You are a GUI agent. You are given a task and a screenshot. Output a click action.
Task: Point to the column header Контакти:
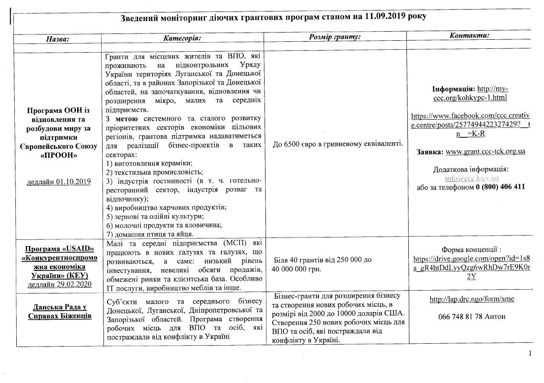tap(469, 36)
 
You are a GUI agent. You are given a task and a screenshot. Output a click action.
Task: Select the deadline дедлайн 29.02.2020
tap(59, 284)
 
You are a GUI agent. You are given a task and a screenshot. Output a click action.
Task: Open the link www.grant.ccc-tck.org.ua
tap(485, 151)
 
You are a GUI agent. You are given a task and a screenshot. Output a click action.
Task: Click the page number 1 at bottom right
tap(530, 354)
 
